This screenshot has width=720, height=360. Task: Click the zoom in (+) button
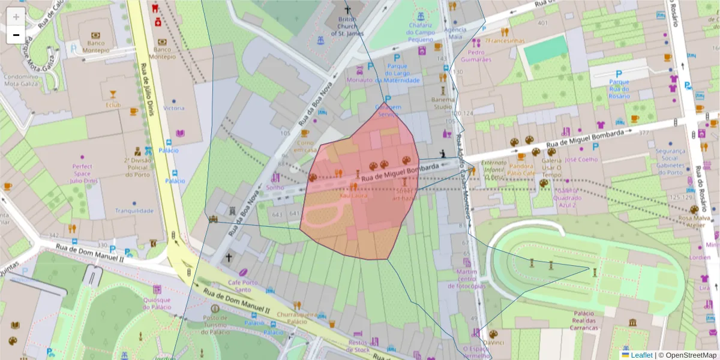click(x=16, y=17)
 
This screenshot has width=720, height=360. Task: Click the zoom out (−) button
click(x=16, y=35)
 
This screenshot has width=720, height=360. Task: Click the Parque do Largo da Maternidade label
click(x=397, y=73)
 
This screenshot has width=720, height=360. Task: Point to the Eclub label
click(x=113, y=105)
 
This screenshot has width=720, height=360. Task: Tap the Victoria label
click(x=174, y=109)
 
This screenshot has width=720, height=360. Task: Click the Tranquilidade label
click(x=134, y=211)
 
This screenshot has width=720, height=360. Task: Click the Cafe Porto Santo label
click(x=243, y=286)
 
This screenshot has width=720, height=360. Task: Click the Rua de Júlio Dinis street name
click(x=147, y=89)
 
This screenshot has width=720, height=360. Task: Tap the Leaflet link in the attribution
click(x=641, y=355)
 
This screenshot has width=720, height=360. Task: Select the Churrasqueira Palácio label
click(x=292, y=317)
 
